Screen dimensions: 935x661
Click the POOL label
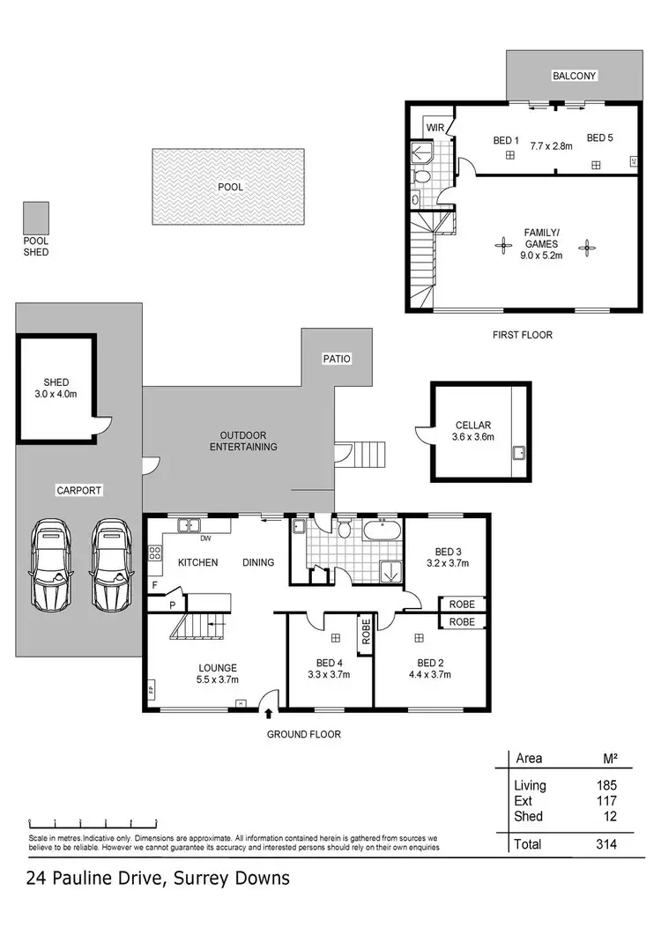coord(230,187)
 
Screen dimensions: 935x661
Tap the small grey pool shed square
coord(36,216)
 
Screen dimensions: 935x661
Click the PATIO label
coord(336,359)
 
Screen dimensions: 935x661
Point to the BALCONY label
coord(575,76)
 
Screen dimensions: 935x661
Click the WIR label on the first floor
coord(435,128)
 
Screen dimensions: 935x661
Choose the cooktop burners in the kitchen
coord(155,553)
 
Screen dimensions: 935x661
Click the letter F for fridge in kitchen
coord(155,584)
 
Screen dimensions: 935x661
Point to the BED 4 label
coord(329,663)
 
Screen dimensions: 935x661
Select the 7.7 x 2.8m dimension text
coord(552,146)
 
